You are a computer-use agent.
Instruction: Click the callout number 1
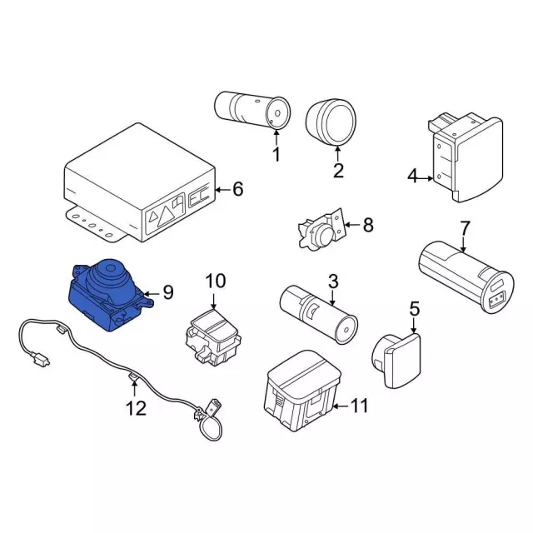[276, 154]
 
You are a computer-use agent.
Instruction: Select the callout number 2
[338, 172]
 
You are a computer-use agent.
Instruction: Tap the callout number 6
[237, 190]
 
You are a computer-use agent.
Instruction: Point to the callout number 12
[135, 408]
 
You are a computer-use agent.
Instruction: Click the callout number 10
[216, 281]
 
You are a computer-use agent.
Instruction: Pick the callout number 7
[465, 227]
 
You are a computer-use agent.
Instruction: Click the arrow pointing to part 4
[426, 177]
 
